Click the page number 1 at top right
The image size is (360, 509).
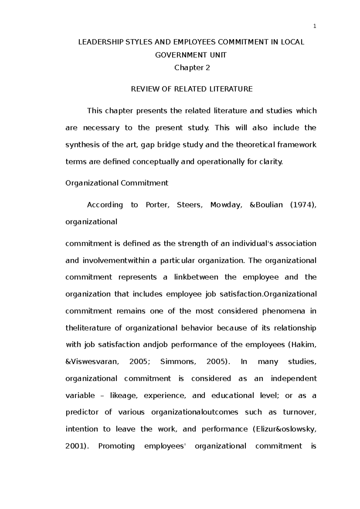[315, 26]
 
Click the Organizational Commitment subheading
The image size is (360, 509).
[117, 183]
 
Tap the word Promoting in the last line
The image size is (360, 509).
[116, 446]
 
